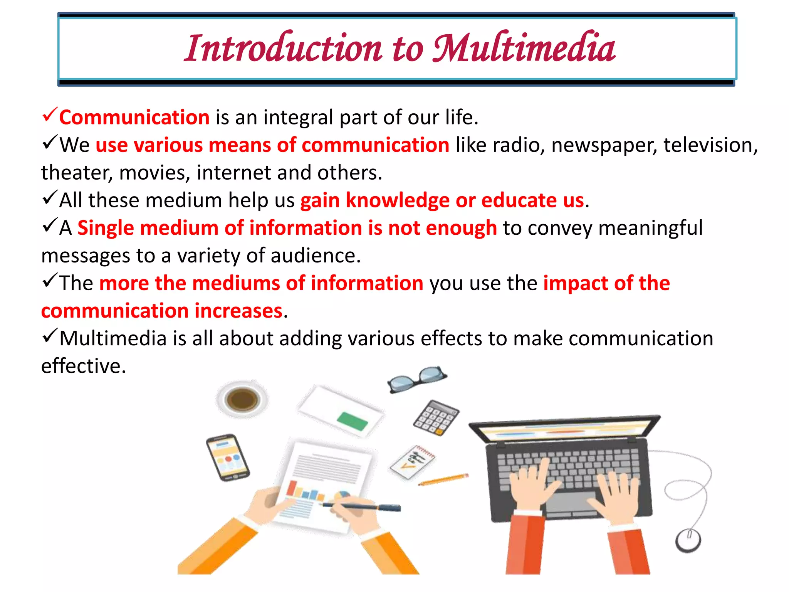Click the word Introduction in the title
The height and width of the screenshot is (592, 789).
click(283, 48)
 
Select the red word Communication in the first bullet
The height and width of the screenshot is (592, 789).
click(134, 117)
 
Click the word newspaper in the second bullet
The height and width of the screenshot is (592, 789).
click(604, 146)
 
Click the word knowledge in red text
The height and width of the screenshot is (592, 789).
click(398, 201)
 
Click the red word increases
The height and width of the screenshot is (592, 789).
click(238, 311)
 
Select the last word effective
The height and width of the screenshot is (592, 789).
click(83, 366)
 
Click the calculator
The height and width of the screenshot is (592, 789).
click(436, 418)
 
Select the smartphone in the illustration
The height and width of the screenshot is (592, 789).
click(228, 458)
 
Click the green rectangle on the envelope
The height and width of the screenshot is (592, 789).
click(353, 421)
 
